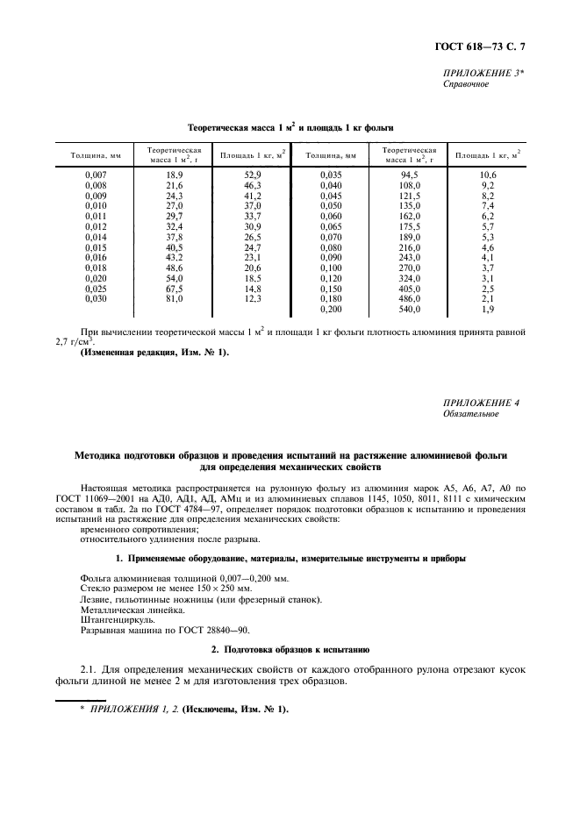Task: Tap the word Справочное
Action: pyautogui.click(x=465, y=85)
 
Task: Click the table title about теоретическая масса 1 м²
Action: pyautogui.click(x=290, y=128)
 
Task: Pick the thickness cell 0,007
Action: pyautogui.click(x=96, y=175)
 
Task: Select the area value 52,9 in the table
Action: pyautogui.click(x=254, y=175)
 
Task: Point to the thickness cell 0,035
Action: pyautogui.click(x=331, y=175)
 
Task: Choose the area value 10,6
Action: pyautogui.click(x=488, y=175)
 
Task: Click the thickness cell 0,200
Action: pyautogui.click(x=331, y=310)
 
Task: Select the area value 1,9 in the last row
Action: pyautogui.click(x=488, y=310)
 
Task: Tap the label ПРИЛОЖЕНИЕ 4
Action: pyautogui.click(x=482, y=403)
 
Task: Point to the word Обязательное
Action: pyautogui.click(x=471, y=414)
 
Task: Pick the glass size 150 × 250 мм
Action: pyautogui.click(x=205, y=589)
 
